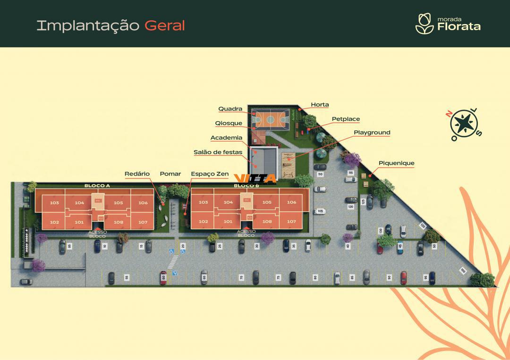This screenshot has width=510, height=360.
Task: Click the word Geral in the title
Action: (x=164, y=25)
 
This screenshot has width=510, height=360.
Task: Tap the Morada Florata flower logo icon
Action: (x=424, y=24)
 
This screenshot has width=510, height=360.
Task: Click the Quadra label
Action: (x=230, y=109)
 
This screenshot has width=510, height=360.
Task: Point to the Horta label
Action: (x=320, y=105)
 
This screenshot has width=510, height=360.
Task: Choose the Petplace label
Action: (x=346, y=119)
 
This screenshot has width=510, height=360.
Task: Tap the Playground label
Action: (x=372, y=133)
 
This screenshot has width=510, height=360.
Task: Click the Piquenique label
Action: (x=396, y=163)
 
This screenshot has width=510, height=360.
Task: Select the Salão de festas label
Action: (x=218, y=152)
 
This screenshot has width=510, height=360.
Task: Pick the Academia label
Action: (x=226, y=138)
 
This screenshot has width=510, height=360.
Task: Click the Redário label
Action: (x=137, y=174)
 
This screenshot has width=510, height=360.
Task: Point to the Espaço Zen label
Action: (x=210, y=174)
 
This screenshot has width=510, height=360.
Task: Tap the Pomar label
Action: (x=170, y=174)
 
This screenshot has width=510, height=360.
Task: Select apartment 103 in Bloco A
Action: (x=54, y=203)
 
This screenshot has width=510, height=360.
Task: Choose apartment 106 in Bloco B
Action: (x=291, y=202)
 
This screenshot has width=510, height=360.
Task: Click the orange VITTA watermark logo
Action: (x=255, y=178)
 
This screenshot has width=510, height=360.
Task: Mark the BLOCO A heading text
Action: (x=97, y=186)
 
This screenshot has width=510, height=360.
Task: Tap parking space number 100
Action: (x=462, y=270)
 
